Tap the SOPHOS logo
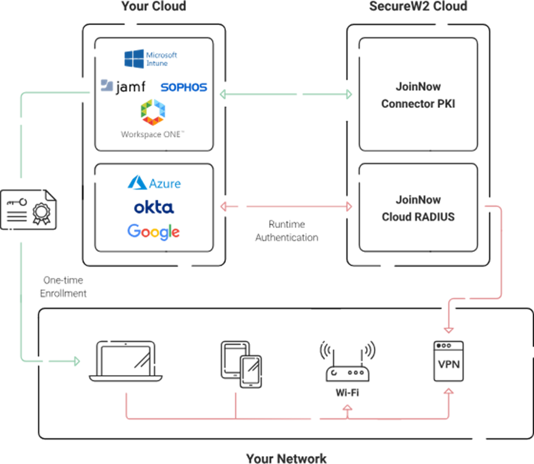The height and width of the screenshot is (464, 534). point(183,88)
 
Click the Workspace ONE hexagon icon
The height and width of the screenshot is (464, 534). point(153,112)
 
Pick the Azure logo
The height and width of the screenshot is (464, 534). point(154,183)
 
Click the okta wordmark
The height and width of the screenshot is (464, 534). point(153,207)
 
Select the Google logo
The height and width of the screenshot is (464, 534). point(153,232)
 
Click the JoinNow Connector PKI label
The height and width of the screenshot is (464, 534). point(418,95)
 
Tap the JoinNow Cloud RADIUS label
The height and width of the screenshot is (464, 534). point(418,208)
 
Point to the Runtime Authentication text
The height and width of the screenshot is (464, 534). point(286,231)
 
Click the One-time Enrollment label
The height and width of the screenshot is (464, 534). point(63,287)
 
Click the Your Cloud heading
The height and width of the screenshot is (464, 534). point(153,7)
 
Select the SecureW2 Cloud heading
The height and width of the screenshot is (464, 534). point(418,7)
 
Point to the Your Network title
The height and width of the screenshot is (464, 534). point(286,458)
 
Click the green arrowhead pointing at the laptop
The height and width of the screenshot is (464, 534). point(77,362)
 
